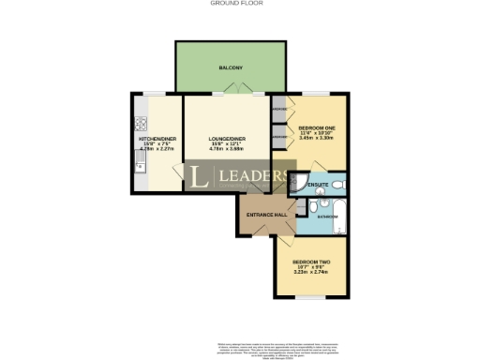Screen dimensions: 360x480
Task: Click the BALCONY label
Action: pos(231,68)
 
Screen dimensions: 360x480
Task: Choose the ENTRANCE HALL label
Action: pos(266,216)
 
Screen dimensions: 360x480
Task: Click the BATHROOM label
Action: pos(327,217)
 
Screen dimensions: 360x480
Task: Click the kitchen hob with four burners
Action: pos(140,122)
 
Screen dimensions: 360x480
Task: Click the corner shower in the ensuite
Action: pos(304,183)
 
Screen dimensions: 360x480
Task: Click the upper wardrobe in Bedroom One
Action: pos(279,110)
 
